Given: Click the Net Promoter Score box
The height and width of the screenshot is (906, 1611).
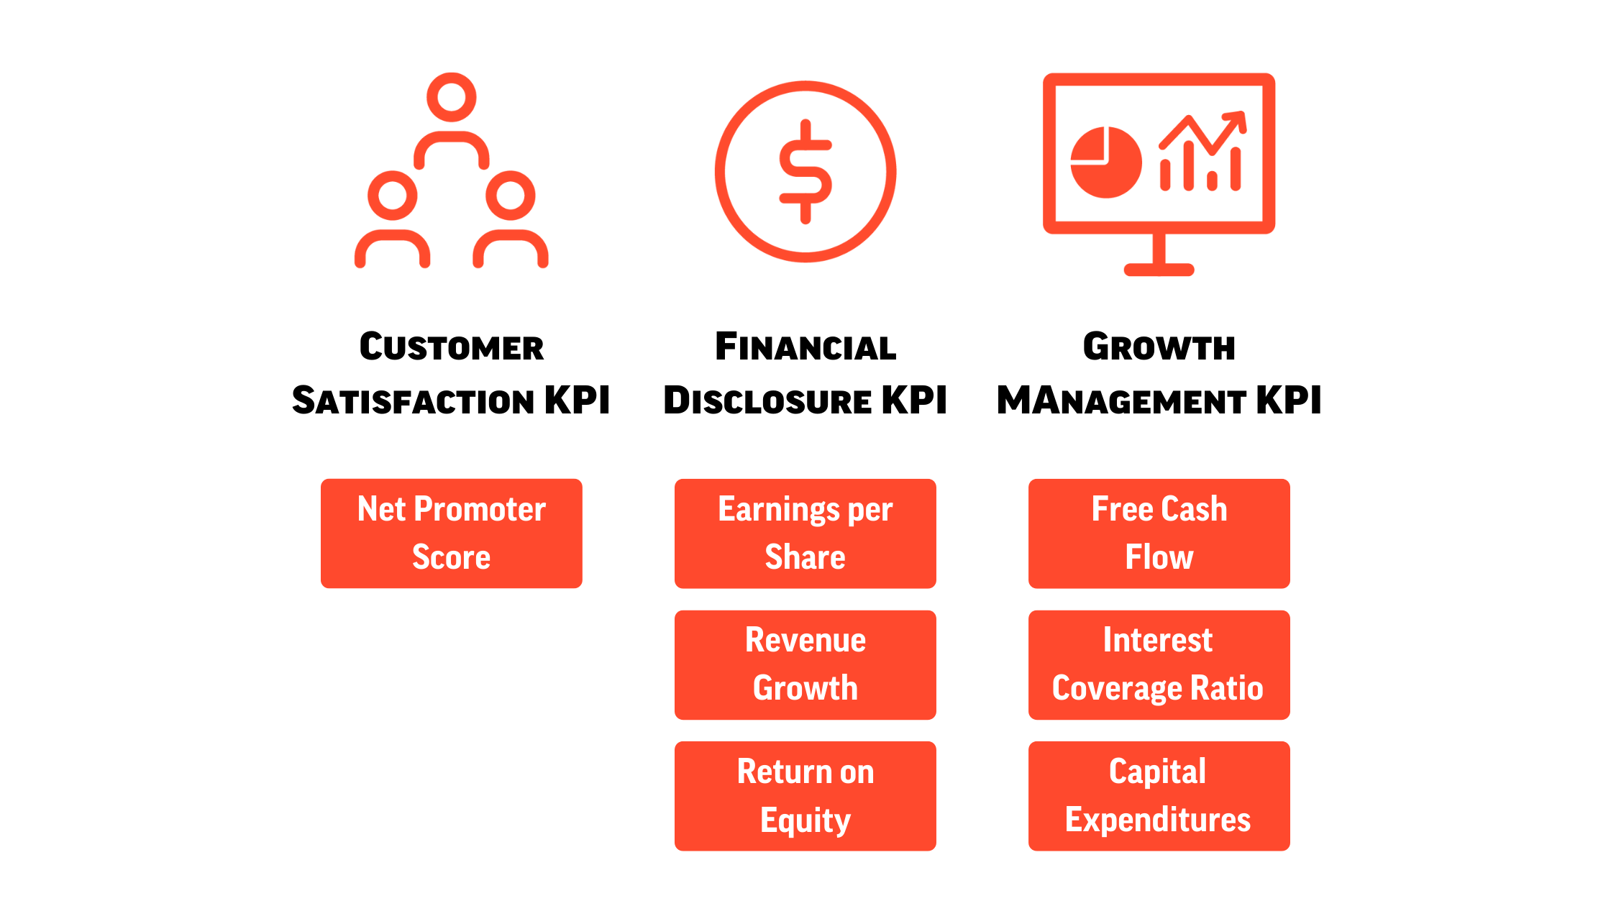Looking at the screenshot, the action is point(452,534).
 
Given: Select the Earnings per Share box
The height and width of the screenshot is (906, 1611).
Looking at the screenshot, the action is point(806,534).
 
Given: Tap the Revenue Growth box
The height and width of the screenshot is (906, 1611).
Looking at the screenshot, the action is point(806,665).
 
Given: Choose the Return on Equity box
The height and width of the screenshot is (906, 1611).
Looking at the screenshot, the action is point(806,796).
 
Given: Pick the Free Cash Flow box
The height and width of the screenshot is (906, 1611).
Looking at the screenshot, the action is point(1159,534).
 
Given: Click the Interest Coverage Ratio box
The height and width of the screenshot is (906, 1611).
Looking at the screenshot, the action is point(1159,665).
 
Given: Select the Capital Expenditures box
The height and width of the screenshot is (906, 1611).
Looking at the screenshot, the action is point(1159,796).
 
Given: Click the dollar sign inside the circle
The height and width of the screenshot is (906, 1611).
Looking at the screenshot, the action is point(806,171).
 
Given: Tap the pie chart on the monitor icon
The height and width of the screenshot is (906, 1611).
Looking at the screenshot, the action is point(1106,163).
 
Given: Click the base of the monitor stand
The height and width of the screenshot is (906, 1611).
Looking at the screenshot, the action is point(1159,270).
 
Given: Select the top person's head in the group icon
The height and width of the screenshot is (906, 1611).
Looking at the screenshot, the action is point(452,97).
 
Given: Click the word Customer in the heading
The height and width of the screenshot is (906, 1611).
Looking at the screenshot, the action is point(452,347).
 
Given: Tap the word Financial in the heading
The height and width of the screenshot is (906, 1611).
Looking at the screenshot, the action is point(806,347).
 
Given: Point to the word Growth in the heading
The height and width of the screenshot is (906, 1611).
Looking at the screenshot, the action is point(1159,347).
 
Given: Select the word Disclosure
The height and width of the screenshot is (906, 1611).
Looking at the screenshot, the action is point(767,401).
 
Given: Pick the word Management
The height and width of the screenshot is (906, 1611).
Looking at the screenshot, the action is point(1121,401).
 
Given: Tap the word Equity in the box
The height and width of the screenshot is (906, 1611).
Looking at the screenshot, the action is point(806,820).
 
